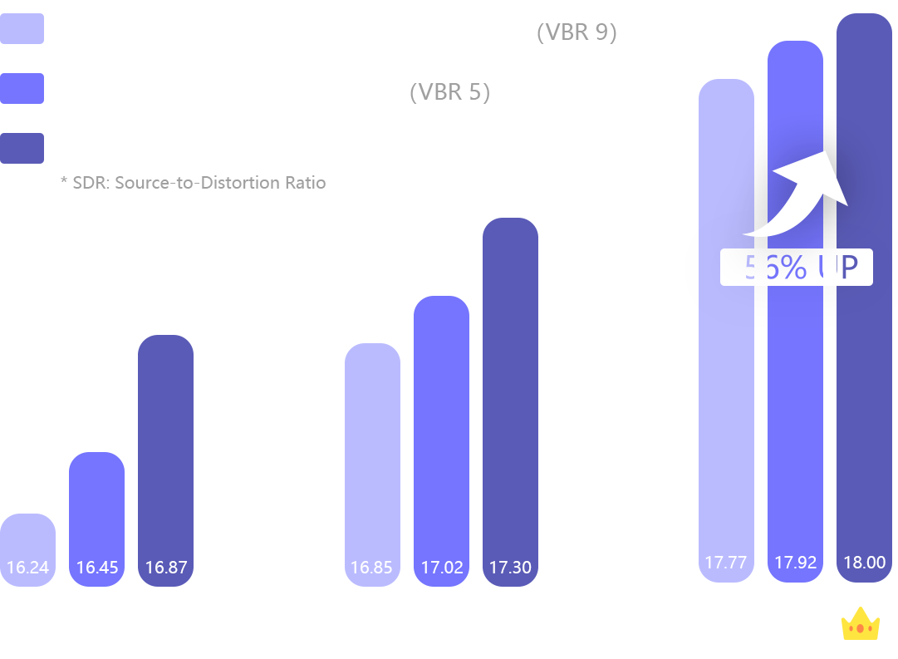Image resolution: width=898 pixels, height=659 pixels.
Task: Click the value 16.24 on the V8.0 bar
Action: pos(27,568)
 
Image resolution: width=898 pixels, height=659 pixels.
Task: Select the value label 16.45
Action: pos(97,568)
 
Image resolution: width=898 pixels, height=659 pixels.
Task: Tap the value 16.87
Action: pos(166,568)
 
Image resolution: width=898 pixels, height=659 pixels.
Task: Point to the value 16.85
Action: pos(371,568)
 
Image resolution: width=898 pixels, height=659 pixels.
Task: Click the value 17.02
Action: pos(442,568)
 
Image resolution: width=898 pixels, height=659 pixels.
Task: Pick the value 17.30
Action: pos(510,568)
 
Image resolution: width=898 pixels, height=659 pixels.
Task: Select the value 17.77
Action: pos(726,563)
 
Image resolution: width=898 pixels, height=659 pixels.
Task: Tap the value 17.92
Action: pos(796,563)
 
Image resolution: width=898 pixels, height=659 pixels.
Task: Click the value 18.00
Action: pos(865,563)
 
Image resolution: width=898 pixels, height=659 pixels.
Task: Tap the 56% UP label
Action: pos(796,268)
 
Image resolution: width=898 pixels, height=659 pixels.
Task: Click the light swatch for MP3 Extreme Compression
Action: pos(22,29)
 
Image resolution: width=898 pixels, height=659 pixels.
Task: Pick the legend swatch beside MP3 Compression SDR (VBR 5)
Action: pos(22,88)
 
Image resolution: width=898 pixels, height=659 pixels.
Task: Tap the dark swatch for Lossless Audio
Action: pos(22,148)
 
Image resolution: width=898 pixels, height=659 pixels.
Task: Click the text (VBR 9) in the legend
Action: pos(576,32)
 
